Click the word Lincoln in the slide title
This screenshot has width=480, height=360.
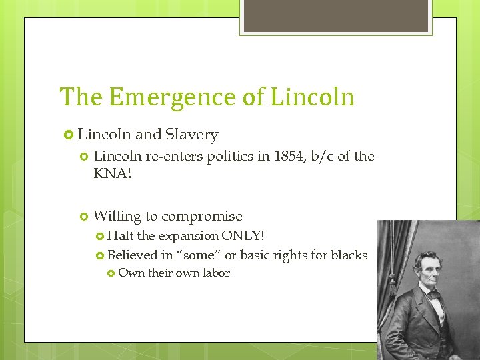coord(312,97)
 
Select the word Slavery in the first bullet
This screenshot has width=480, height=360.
coord(193,135)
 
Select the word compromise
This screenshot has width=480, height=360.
coord(202,216)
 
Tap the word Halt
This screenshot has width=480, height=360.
coord(121,235)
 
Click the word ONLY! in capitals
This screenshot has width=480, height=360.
coord(243,235)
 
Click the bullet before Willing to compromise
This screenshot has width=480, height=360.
coord(83,217)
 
